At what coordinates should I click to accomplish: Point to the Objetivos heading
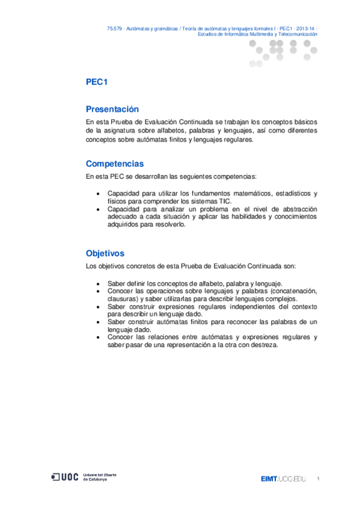105,254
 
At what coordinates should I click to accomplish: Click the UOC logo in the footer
66,477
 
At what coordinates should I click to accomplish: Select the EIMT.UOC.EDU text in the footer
283,479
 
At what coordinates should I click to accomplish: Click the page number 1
317,479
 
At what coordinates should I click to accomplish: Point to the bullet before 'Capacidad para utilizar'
99,194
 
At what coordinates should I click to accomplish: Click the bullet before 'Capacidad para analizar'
99,209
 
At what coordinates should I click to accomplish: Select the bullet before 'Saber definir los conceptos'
99,283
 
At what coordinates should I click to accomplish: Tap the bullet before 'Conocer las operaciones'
99,291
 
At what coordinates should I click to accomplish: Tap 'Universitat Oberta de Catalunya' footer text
100,477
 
